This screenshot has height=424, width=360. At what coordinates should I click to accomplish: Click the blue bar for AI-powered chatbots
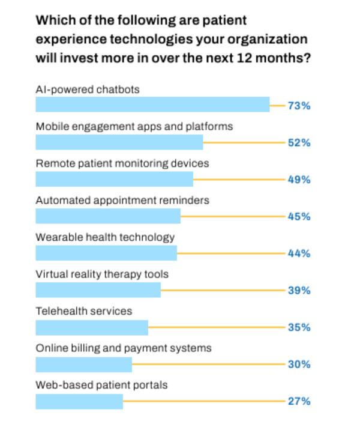click(x=152, y=105)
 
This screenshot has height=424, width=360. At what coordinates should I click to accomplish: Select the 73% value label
click(x=299, y=106)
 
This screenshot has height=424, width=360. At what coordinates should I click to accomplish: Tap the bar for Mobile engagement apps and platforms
click(x=119, y=142)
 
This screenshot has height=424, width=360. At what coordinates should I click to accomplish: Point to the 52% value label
click(x=299, y=143)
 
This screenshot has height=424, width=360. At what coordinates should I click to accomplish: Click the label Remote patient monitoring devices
click(x=122, y=163)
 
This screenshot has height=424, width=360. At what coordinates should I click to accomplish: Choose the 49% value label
click(x=299, y=180)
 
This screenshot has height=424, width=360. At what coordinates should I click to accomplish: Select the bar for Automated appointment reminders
click(x=108, y=216)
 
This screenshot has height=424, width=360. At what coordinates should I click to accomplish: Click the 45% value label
click(x=299, y=217)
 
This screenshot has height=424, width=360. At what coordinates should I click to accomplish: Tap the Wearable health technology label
click(x=105, y=237)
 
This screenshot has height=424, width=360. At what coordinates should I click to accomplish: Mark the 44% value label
click(x=299, y=253)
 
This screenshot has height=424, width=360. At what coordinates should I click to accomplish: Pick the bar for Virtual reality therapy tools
click(x=98, y=290)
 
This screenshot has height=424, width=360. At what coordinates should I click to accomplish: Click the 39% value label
click(x=299, y=291)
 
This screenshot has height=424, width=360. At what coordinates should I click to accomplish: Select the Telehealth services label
click(x=83, y=311)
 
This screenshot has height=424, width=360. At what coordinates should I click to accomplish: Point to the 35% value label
click(x=299, y=327)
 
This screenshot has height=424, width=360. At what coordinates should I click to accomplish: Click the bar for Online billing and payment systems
click(x=83, y=364)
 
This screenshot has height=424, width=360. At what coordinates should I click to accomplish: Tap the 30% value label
click(x=299, y=365)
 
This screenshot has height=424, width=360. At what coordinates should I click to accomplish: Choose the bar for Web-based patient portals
click(x=79, y=401)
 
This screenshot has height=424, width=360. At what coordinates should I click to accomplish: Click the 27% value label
click(x=299, y=401)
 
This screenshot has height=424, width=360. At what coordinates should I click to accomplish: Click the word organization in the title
click(x=270, y=40)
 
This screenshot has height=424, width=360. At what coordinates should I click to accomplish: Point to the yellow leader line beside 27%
click(x=204, y=401)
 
